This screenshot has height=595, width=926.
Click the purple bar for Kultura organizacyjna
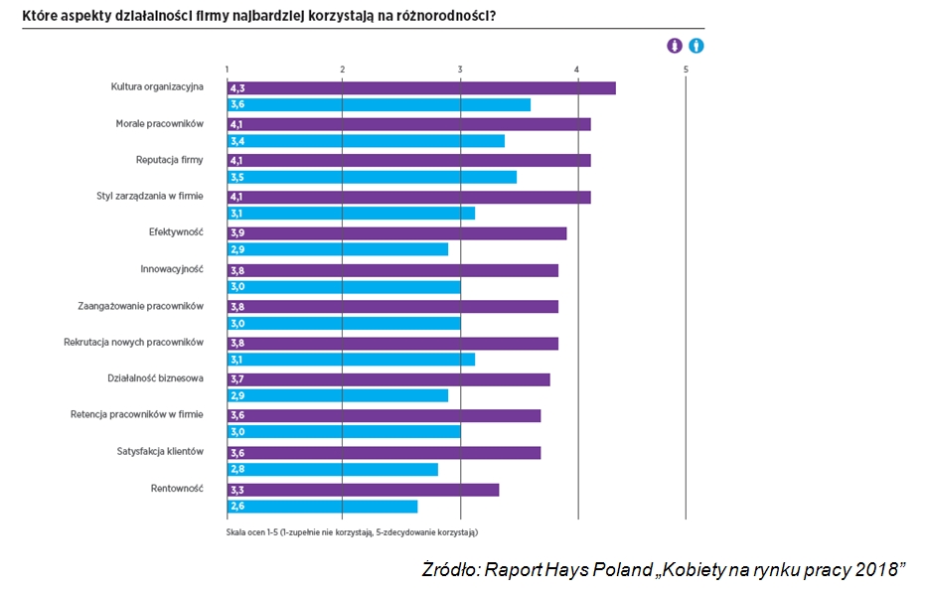tap(421, 87)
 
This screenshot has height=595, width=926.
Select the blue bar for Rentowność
tap(322, 507)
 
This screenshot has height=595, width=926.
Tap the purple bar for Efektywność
tap(397, 233)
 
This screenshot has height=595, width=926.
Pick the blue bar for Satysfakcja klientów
tap(333, 470)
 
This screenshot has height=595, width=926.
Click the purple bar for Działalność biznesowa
tap(388, 379)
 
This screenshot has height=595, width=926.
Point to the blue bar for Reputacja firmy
tap(372, 178)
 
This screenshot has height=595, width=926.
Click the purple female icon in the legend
tap(675, 46)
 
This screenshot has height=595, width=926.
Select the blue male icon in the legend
tap(696, 46)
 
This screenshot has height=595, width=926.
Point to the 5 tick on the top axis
tap(686, 68)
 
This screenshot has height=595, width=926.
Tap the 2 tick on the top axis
tap(343, 68)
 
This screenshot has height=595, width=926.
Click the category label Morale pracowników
tap(159, 123)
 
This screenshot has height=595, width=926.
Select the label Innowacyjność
tap(172, 269)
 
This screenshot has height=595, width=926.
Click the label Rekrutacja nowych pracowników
tap(133, 342)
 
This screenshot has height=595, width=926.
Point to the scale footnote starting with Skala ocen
tap(352, 532)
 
